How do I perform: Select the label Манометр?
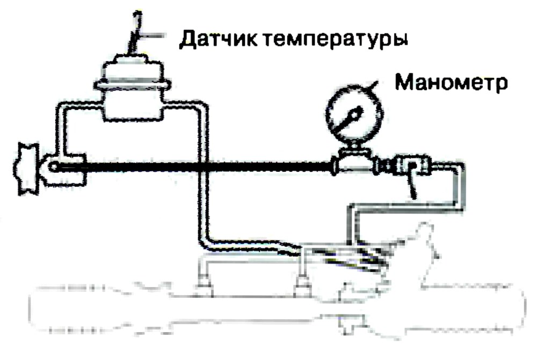[451, 83]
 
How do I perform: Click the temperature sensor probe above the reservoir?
[135, 33]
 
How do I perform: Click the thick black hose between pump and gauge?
[192, 167]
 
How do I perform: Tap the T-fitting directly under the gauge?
[353, 163]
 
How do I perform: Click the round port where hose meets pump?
[53, 167]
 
